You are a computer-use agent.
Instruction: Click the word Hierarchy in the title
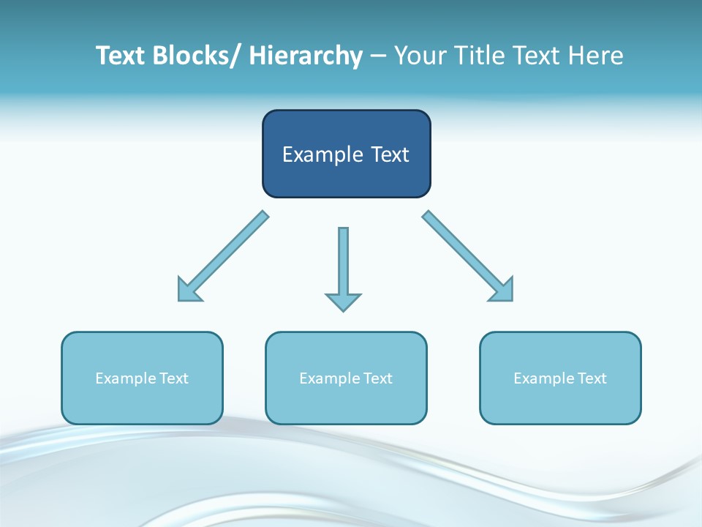coord(306,56)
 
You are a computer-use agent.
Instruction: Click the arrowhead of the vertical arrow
coord(343,302)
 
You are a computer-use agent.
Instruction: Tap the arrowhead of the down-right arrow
coord(503,291)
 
